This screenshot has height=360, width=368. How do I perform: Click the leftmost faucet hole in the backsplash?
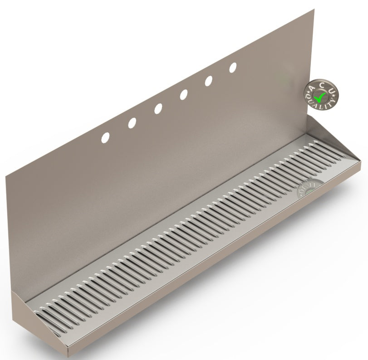(105, 136)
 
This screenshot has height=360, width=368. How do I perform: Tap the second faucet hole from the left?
(132, 122)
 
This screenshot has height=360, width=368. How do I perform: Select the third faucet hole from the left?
(158, 109)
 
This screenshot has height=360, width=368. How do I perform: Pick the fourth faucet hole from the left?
(184, 95)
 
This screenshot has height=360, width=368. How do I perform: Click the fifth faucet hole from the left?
(209, 81)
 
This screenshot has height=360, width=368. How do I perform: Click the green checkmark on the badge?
(321, 96)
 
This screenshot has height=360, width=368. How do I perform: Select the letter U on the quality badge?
(332, 92)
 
